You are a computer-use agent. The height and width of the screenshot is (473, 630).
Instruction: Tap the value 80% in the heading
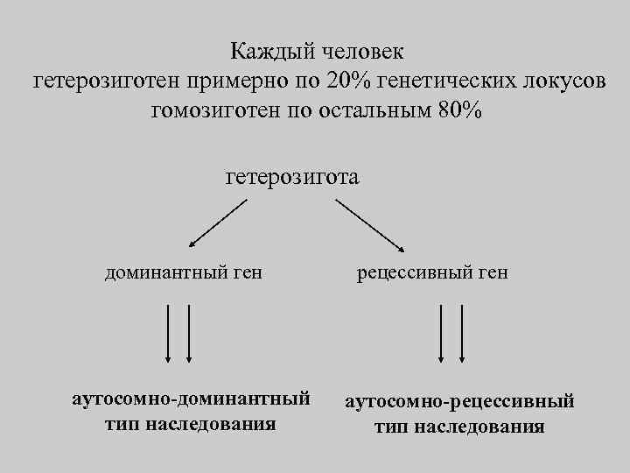click(x=456, y=111)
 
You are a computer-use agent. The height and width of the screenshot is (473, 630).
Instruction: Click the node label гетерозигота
click(x=292, y=177)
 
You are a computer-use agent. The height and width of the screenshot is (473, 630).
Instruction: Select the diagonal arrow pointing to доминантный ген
click(x=218, y=223)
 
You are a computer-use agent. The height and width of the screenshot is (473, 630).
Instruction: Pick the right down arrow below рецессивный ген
click(x=462, y=334)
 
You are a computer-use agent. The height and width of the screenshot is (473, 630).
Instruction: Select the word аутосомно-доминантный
click(x=191, y=399)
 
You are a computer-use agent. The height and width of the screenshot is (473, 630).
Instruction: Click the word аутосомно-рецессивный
click(x=460, y=402)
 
